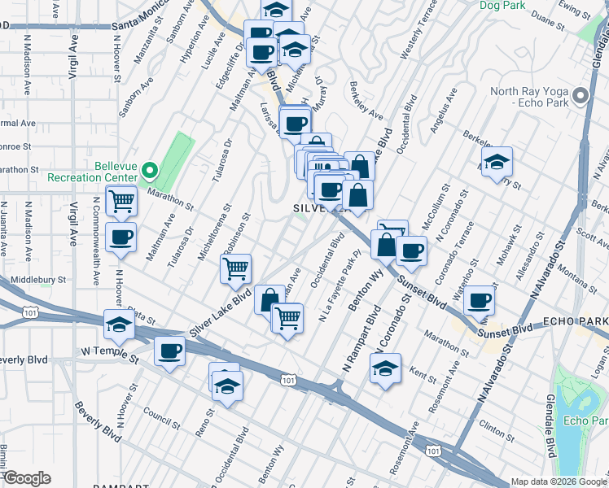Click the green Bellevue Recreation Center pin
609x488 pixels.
[x=149, y=171]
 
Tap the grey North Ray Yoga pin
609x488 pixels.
[x=580, y=97]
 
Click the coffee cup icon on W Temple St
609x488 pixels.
[x=169, y=351]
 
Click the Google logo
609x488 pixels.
[x=26, y=478]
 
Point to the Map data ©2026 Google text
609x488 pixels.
[x=559, y=481]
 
